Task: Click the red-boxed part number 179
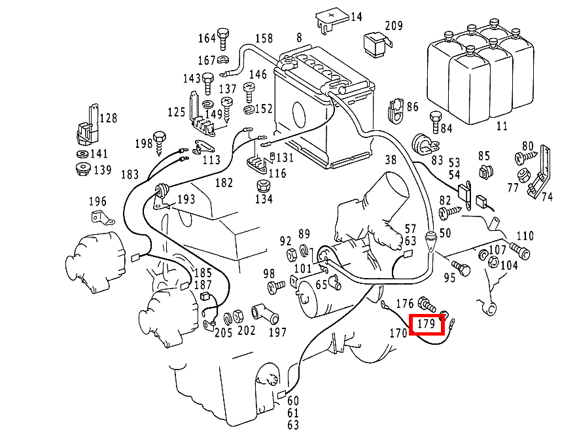[x=426, y=323]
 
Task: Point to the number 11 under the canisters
[x=502, y=126]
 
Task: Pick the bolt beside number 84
[x=434, y=121]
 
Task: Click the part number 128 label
[x=108, y=118]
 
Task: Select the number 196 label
[x=97, y=201]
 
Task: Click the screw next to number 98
[x=276, y=285]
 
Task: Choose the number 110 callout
[x=525, y=236]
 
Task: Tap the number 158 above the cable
[x=264, y=39]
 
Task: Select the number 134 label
[x=263, y=198]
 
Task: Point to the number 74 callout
[x=547, y=196]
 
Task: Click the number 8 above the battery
[x=299, y=38]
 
